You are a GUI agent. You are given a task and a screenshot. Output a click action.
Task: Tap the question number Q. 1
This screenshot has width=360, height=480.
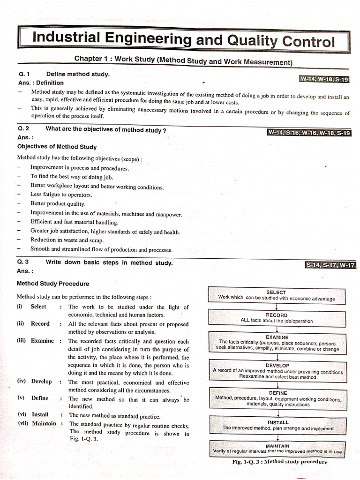(x=24, y=74)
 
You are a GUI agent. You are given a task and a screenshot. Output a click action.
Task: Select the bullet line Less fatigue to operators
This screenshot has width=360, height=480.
(x=61, y=195)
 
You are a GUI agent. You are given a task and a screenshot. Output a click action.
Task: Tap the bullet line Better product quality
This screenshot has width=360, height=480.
(x=58, y=203)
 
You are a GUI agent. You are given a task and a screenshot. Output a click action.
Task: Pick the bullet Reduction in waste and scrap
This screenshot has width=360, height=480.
(x=67, y=240)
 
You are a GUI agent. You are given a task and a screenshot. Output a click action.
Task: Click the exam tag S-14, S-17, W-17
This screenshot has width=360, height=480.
(x=330, y=265)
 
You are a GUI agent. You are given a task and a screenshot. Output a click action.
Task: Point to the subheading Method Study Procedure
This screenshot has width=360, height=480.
(x=53, y=284)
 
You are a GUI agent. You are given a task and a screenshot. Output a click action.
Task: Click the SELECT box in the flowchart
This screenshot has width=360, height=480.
(x=277, y=295)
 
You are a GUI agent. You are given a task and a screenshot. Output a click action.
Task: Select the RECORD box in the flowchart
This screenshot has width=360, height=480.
(x=277, y=318)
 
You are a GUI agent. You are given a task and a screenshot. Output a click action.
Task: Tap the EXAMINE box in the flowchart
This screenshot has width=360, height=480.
(x=277, y=343)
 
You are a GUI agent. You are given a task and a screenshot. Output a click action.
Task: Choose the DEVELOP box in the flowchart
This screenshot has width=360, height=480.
(x=277, y=371)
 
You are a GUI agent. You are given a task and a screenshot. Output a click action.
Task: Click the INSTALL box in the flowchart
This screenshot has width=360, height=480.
(x=278, y=425)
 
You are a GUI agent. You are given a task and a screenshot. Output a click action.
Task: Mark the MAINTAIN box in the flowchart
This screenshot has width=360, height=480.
(x=277, y=449)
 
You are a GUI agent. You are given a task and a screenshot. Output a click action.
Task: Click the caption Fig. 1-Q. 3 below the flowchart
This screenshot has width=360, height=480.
(x=279, y=462)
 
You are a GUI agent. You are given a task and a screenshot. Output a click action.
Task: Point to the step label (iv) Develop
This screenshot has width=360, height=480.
(x=35, y=381)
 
